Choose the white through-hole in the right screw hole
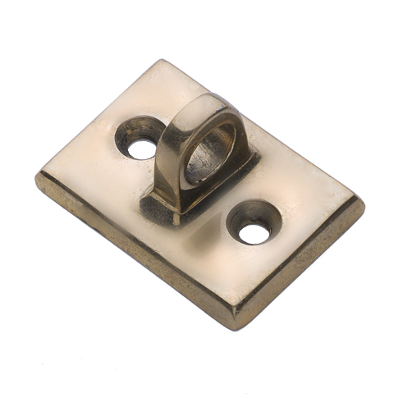coord(254,233)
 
